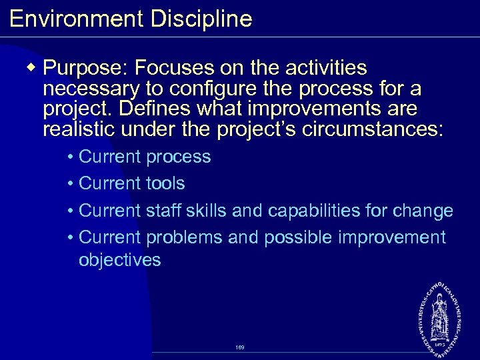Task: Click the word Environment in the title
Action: (76, 19)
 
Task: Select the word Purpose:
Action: (85, 68)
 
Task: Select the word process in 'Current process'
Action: (178, 158)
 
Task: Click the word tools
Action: (165, 183)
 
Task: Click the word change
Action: (425, 211)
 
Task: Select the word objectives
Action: (119, 260)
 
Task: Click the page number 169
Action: (240, 348)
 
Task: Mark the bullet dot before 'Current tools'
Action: (71, 184)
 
